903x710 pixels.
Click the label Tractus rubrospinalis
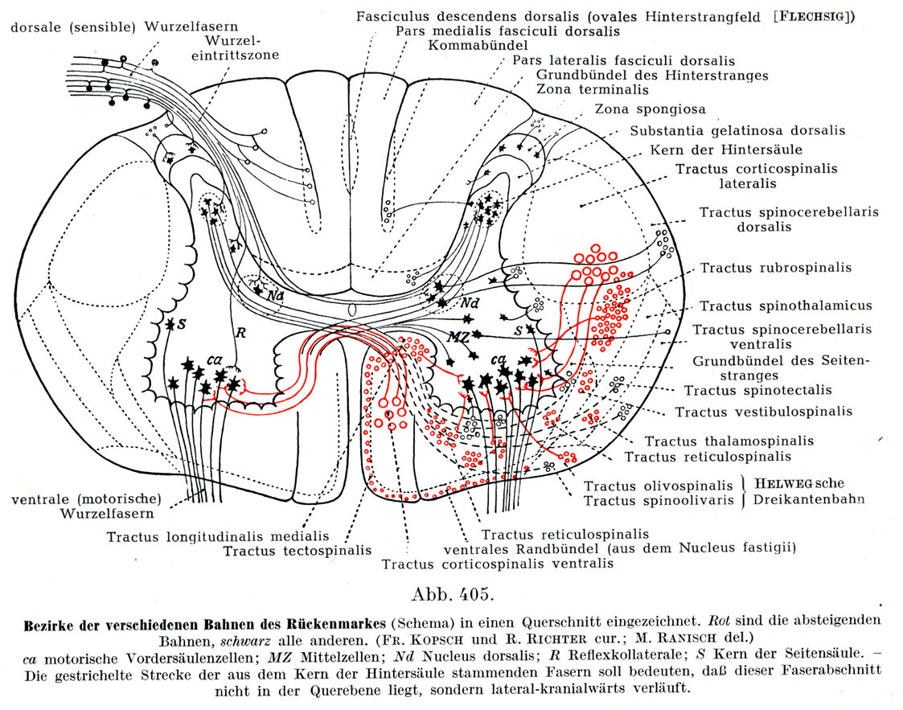pos(775,268)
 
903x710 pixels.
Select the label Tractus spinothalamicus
pos(786,306)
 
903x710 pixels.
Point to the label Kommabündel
pos(478,45)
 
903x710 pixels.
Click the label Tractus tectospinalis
pos(298,551)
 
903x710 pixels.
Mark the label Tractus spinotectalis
pos(758,390)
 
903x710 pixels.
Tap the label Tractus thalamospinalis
pos(729,441)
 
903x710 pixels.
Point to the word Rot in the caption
pos(711,622)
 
